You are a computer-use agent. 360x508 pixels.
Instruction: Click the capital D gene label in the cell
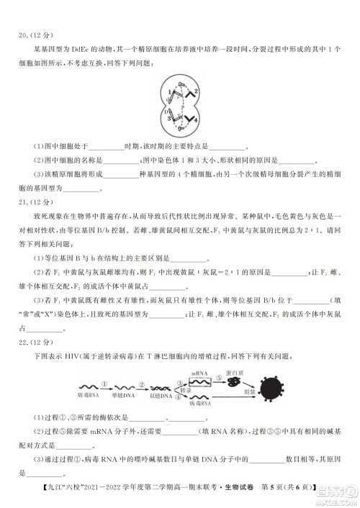(x=165, y=112)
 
